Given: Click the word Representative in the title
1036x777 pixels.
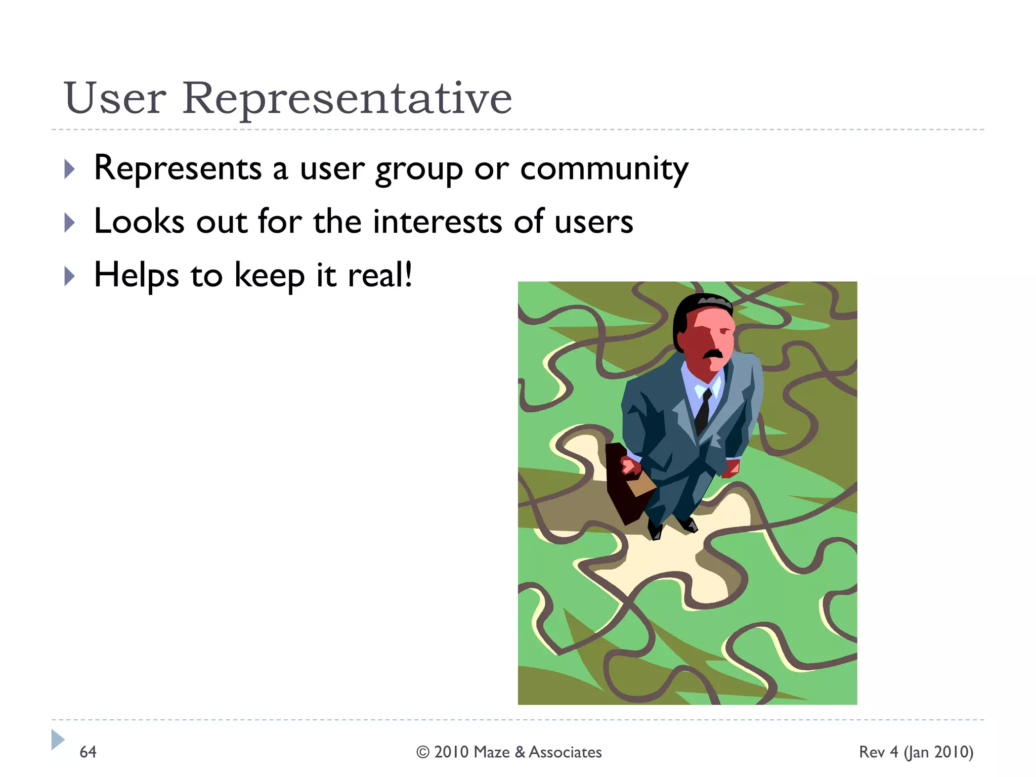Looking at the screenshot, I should tap(347, 99).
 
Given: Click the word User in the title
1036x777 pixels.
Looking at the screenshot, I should tap(115, 99).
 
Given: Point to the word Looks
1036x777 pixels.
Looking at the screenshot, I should tap(139, 223).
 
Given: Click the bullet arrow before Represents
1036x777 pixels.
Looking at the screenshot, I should tap(70, 169).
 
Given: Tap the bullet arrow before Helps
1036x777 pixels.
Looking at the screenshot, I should tap(70, 276).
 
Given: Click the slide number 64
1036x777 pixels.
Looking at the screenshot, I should tap(88, 752).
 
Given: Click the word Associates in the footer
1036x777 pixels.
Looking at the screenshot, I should tap(565, 752).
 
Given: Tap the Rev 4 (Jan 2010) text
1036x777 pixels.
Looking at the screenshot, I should tap(916, 752).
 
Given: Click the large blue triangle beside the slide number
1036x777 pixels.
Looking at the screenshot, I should tap(57, 740).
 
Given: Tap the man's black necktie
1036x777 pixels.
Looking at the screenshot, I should tap(703, 411).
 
